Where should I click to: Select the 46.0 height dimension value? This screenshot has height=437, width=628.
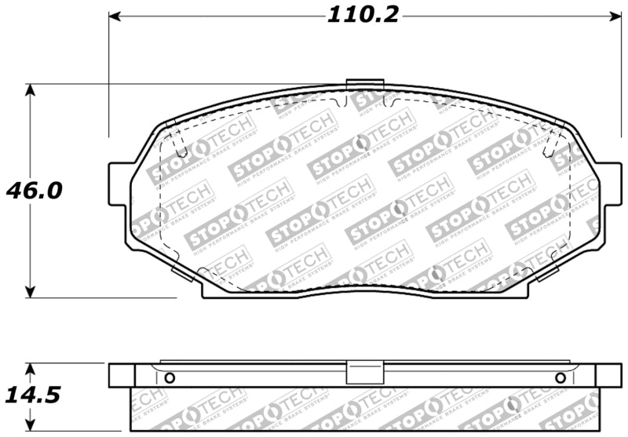(x=35, y=191)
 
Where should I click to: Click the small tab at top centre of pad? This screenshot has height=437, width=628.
(x=364, y=85)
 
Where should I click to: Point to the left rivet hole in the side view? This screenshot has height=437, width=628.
(x=169, y=378)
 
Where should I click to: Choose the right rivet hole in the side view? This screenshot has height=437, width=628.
(x=560, y=378)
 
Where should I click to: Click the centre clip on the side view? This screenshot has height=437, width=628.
(x=364, y=373)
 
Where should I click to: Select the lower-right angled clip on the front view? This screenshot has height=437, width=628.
(x=547, y=272)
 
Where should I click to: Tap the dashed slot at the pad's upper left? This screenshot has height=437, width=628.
(x=177, y=144)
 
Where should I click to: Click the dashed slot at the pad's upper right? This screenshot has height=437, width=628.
(x=553, y=144)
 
